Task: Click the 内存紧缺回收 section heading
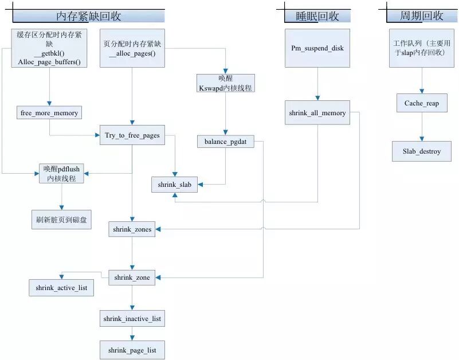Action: (x=89, y=16)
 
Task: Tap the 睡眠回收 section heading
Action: (x=317, y=16)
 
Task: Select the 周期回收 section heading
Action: (x=422, y=16)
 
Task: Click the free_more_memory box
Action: (x=49, y=113)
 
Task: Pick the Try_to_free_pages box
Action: (x=132, y=135)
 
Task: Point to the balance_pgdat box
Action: (x=225, y=141)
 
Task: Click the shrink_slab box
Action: (x=175, y=185)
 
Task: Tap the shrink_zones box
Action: (x=132, y=230)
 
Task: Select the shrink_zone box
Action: (x=132, y=277)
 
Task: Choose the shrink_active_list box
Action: (x=61, y=288)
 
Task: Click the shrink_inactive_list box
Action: (x=132, y=318)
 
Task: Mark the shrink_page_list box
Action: (x=132, y=350)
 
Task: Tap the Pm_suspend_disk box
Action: (x=317, y=48)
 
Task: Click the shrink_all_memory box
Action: (x=317, y=113)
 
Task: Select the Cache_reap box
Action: (x=422, y=103)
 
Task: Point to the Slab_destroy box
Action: (x=422, y=151)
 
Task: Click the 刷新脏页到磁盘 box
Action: (x=61, y=219)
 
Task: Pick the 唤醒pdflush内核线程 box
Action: (x=61, y=174)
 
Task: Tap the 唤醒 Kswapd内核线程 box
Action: (x=225, y=84)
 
